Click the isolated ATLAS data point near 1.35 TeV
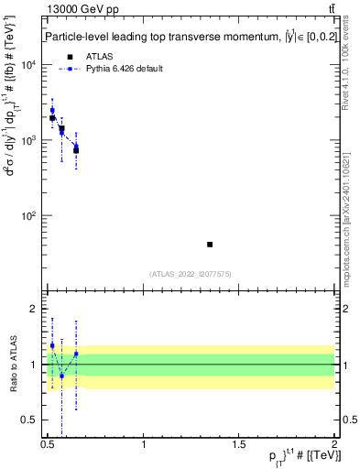coord(210,245)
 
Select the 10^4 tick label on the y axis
coord(29,65)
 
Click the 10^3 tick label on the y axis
coord(29,140)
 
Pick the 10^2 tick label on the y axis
coord(29,216)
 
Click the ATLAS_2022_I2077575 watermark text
coord(191,273)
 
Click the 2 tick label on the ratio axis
coord(34,309)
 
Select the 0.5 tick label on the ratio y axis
coord(30,420)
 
